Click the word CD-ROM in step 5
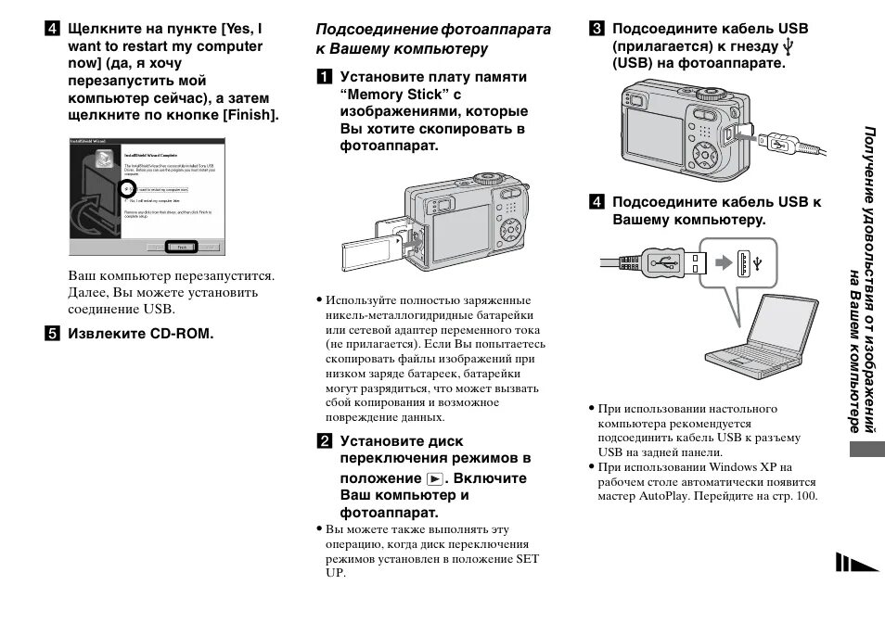[181, 333]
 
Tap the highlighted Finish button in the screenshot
[182, 248]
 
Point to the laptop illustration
[752, 334]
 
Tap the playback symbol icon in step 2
[435, 479]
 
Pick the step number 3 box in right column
[596, 29]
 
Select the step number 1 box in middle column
[323, 77]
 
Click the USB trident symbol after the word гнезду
[789, 46]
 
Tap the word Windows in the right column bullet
[732, 467]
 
